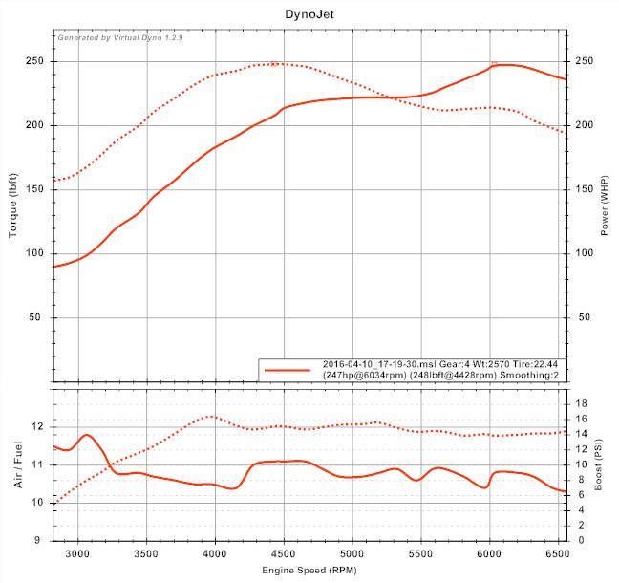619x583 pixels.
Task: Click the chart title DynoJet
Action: tap(309, 16)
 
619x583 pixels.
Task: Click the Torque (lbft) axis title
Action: tap(14, 207)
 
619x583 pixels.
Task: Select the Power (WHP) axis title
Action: tap(604, 207)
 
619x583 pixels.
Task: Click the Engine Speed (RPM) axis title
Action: tap(309, 571)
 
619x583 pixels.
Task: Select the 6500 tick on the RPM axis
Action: tap(558, 552)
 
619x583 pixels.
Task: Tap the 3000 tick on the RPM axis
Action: tap(77, 552)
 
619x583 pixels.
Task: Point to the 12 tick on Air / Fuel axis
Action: tap(37, 426)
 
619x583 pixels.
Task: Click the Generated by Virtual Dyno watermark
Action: tap(120, 39)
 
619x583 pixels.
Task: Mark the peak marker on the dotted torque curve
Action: tap(274, 64)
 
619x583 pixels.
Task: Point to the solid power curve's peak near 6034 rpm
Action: tap(494, 65)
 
